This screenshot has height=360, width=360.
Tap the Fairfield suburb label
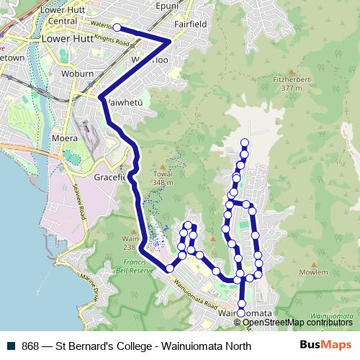pyautogui.click(x=191, y=23)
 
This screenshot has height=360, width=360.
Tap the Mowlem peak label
pyautogui.click(x=313, y=273)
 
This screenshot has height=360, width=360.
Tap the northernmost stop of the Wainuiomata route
pyautogui.click(x=245, y=143)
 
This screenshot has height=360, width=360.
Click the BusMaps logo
pyautogui.click(x=325, y=346)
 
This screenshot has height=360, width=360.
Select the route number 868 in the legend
pyautogui.click(x=30, y=346)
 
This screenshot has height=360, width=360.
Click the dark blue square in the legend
pyautogui.click(x=11, y=346)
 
